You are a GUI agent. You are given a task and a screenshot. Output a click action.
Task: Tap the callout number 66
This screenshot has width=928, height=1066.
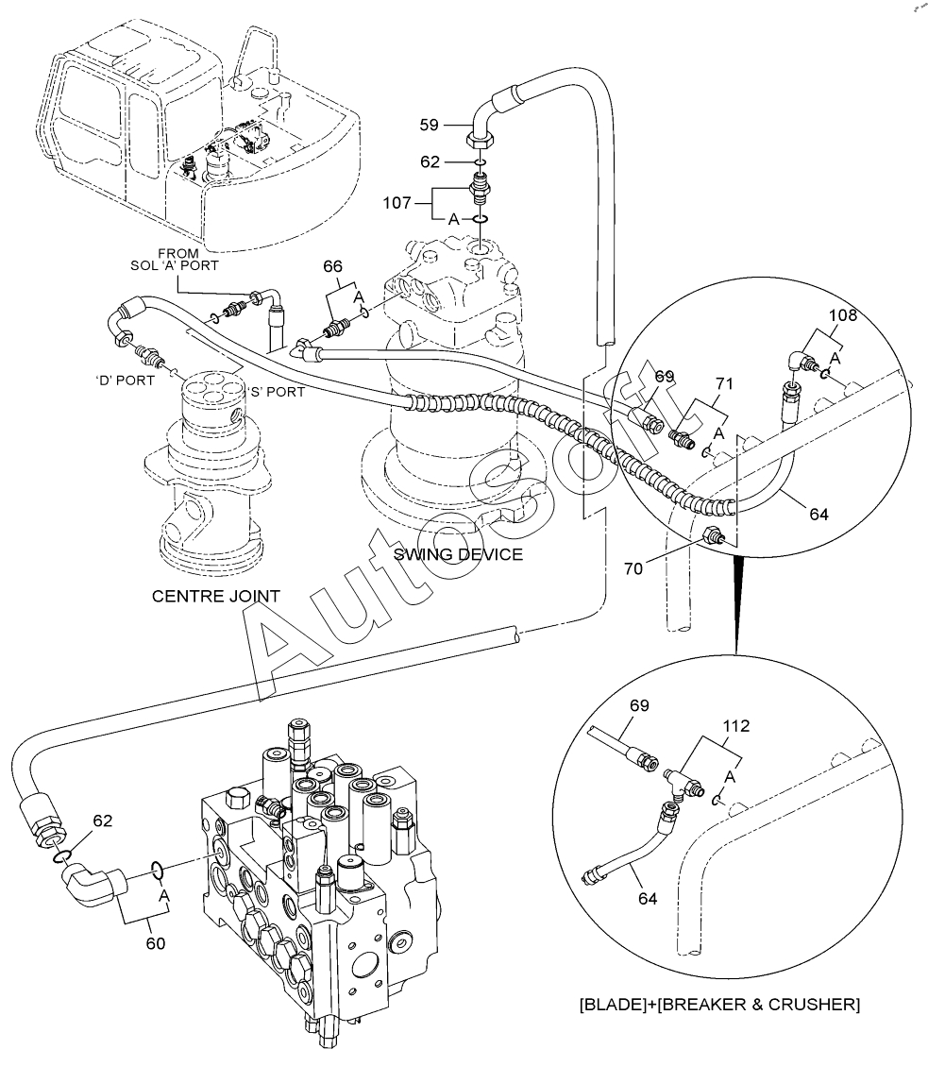click(x=332, y=267)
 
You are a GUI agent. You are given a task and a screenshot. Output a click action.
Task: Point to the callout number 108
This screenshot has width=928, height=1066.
click(x=842, y=315)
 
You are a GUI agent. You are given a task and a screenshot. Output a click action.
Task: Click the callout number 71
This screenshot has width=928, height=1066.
click(x=724, y=383)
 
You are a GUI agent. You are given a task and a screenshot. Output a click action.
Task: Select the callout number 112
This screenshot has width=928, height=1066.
click(x=735, y=726)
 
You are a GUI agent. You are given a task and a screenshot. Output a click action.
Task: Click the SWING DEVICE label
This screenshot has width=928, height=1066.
click(x=458, y=554)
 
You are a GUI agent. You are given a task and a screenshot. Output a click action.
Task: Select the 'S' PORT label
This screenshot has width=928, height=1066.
click(x=275, y=392)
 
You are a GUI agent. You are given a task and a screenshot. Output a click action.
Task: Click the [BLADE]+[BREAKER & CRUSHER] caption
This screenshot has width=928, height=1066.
click(x=718, y=1005)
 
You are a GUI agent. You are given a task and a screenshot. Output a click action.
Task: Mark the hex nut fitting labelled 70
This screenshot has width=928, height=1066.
click(x=712, y=535)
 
